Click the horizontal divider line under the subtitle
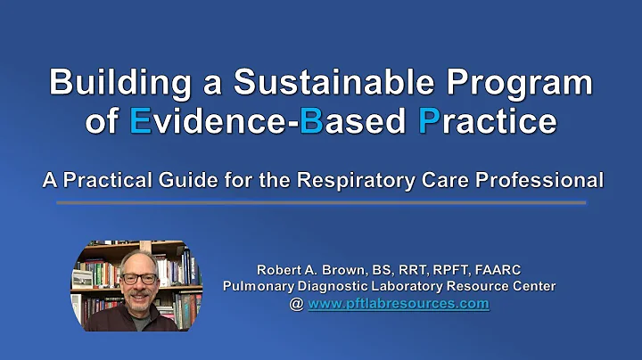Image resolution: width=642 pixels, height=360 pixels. (321, 202)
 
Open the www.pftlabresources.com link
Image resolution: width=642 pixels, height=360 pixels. (398, 303)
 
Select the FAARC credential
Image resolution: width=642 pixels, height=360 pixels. (491, 269)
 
